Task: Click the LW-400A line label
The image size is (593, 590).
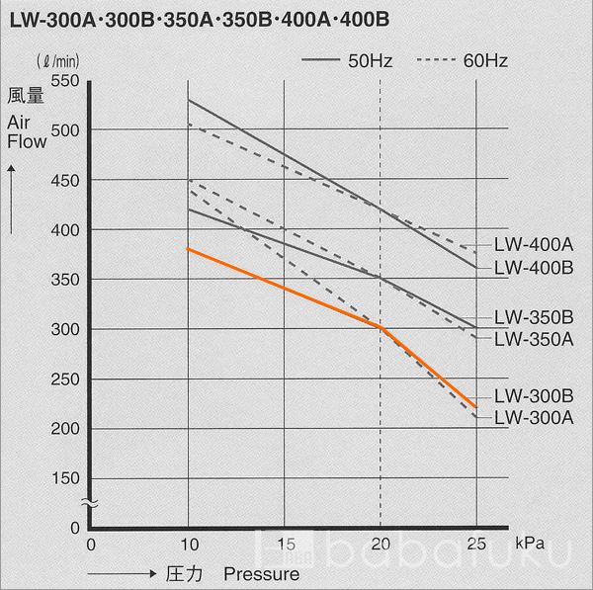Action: click(x=534, y=243)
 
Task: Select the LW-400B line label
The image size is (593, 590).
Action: click(x=534, y=266)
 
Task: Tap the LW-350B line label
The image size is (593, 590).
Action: click(x=534, y=318)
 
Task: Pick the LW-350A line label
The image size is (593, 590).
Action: click(x=534, y=339)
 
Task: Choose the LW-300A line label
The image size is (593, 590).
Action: click(x=534, y=417)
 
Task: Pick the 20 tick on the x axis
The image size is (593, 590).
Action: click(x=381, y=544)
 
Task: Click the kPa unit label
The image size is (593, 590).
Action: click(x=529, y=544)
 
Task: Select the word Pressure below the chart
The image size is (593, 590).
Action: click(x=261, y=573)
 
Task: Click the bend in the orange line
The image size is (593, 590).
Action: click(x=381, y=328)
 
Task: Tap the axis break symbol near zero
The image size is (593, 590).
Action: click(x=88, y=503)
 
